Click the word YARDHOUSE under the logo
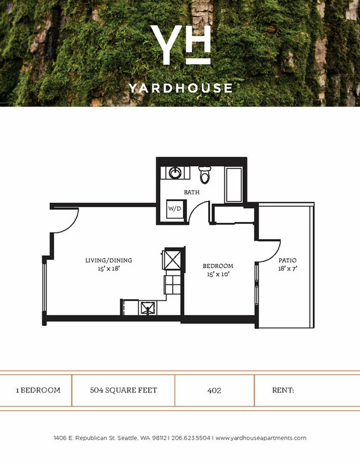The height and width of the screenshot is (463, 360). [x=181, y=88]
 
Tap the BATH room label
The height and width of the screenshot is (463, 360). [x=192, y=193]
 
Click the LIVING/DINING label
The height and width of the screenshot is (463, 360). [x=109, y=260]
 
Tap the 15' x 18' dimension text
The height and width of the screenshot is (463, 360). [x=109, y=269]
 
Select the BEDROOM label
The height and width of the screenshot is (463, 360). [x=218, y=266]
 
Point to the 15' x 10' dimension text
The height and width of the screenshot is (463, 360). [x=218, y=274]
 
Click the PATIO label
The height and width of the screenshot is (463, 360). [x=287, y=260]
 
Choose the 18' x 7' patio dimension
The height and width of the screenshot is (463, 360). [x=287, y=269]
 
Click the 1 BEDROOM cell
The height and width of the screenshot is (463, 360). [x=38, y=390]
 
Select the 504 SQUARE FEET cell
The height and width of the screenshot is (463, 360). [x=124, y=390]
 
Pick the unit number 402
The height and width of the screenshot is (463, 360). [x=214, y=390]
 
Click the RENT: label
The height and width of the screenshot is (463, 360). [x=282, y=390]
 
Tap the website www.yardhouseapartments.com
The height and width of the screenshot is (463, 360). [x=260, y=438]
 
